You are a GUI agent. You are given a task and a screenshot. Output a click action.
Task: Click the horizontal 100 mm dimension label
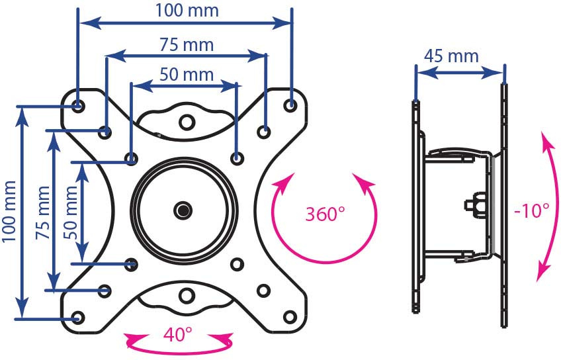(187, 11)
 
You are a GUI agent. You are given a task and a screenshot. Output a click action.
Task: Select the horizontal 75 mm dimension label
(187, 45)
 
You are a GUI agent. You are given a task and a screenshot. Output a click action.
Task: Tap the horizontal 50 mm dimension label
(187, 75)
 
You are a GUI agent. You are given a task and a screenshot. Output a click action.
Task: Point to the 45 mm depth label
(451, 56)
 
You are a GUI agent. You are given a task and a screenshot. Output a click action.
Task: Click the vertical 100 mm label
(9, 212)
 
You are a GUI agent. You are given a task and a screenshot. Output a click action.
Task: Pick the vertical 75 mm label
(43, 212)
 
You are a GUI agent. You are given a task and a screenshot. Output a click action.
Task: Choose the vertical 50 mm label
(71, 212)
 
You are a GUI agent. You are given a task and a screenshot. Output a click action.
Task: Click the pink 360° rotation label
(325, 214)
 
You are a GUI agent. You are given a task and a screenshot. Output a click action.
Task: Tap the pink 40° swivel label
(178, 335)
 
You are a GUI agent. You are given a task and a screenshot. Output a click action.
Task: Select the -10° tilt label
(531, 210)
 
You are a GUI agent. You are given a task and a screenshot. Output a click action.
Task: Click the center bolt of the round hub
(183, 210)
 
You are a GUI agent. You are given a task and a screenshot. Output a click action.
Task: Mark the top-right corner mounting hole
(290, 105)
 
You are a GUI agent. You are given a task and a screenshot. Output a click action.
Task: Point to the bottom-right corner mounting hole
(290, 317)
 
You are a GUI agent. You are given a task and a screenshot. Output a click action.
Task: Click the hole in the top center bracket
(187, 122)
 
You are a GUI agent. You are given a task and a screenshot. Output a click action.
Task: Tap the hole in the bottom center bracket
(187, 296)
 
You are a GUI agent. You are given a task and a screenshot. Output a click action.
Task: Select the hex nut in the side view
(476, 205)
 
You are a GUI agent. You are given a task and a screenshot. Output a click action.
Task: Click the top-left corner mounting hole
(77, 106)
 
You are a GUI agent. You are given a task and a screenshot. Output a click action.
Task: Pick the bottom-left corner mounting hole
(78, 318)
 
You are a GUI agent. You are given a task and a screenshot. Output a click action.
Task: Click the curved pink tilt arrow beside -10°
(547, 206)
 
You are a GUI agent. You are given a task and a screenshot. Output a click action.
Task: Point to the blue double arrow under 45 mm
(460, 73)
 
